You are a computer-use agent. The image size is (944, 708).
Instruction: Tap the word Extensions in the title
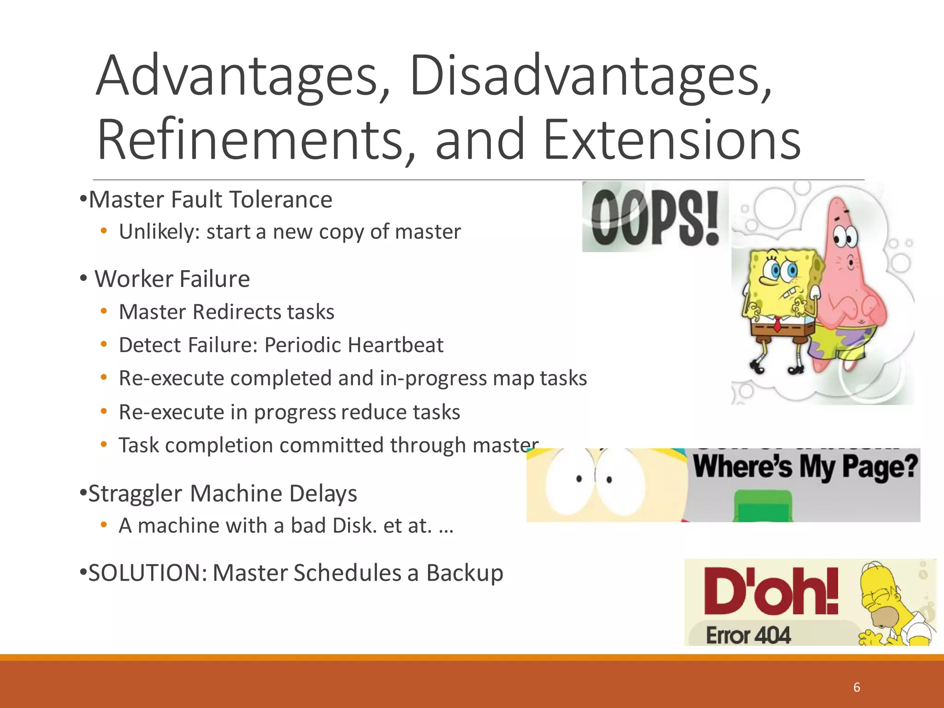[672, 140]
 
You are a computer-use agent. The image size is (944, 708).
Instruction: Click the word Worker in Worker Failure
[133, 279]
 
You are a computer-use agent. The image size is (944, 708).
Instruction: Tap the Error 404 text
[748, 635]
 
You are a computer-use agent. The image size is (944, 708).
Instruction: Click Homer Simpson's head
[883, 595]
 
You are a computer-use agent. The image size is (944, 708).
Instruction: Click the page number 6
[856, 687]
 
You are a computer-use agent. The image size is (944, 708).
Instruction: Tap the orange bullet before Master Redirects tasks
[104, 312]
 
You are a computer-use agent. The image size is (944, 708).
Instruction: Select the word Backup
[464, 573]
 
